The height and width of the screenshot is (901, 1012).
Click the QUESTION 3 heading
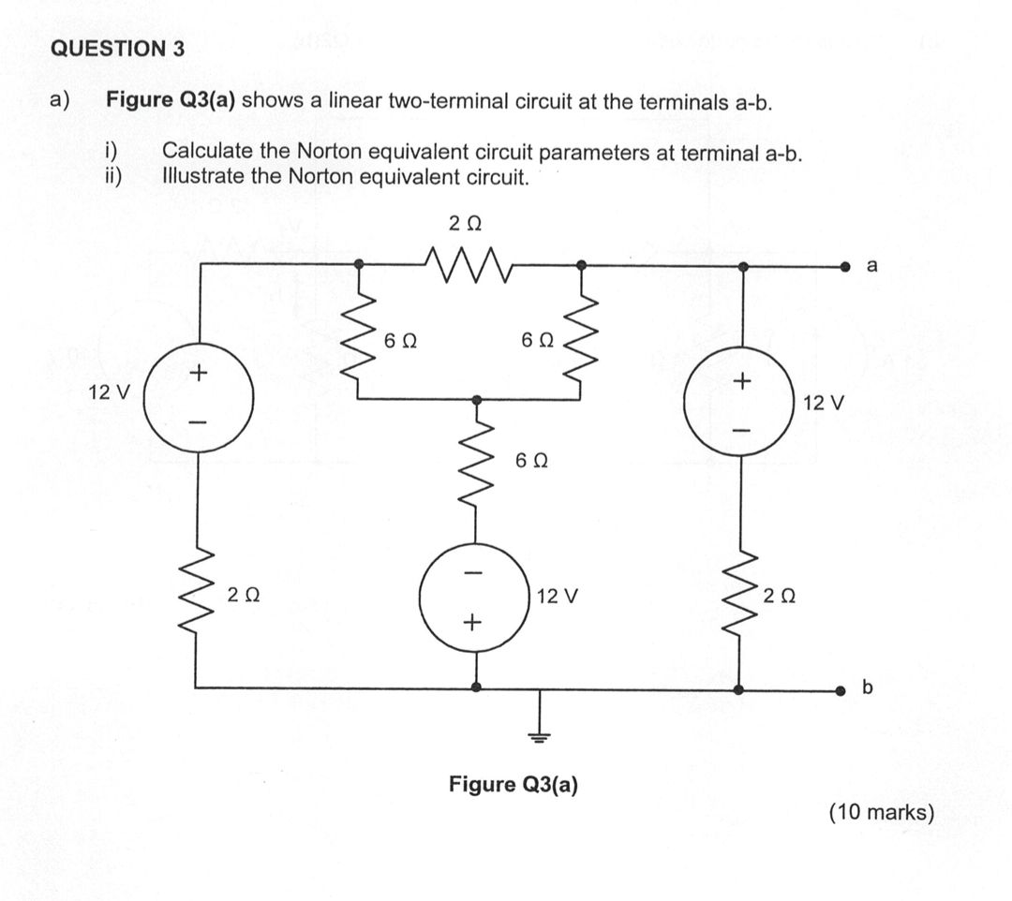pyautogui.click(x=117, y=50)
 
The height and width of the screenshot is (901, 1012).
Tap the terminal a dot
pyautogui.click(x=845, y=267)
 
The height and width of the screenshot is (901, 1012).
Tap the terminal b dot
pyautogui.click(x=845, y=690)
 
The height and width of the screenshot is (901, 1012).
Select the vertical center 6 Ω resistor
pyautogui.click(x=476, y=465)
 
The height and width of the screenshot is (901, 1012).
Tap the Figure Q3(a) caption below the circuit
pyautogui.click(x=513, y=783)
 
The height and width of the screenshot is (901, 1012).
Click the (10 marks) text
pyautogui.click(x=881, y=812)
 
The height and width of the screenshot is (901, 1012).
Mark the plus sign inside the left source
pyautogui.click(x=198, y=374)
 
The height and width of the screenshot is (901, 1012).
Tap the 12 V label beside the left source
pyautogui.click(x=109, y=391)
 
